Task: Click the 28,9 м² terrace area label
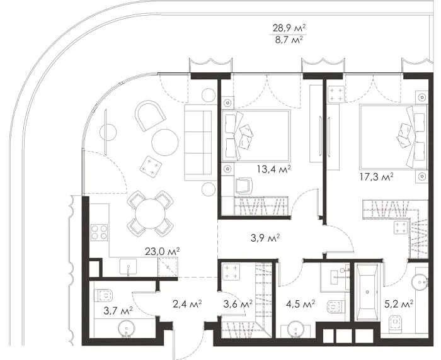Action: tap(289, 28)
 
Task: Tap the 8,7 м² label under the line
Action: tap(289, 40)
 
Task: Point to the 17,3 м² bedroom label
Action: tap(377, 177)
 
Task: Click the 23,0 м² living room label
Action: tap(163, 251)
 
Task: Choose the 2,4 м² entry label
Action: tap(187, 303)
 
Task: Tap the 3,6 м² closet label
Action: tap(238, 303)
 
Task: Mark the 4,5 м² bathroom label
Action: tap(301, 303)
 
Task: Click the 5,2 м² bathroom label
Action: tap(399, 303)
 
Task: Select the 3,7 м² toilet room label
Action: tap(118, 311)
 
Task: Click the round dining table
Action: tap(150, 213)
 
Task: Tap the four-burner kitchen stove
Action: tap(99, 232)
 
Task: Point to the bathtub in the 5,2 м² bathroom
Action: tap(367, 291)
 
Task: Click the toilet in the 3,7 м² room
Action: tap(105, 295)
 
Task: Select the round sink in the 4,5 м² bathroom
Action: tap(295, 330)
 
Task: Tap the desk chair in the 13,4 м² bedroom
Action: tap(244, 186)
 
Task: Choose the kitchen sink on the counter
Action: tap(128, 266)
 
